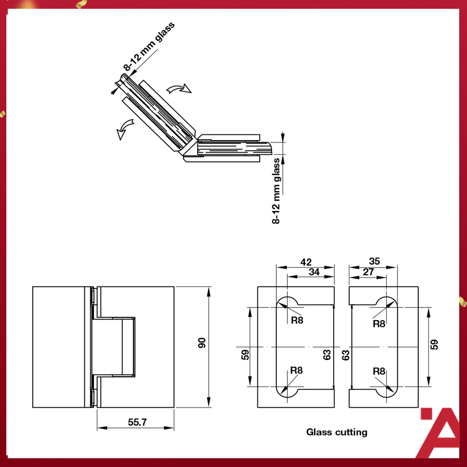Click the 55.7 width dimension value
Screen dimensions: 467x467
pos(137,422)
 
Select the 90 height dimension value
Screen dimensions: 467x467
pos(202,343)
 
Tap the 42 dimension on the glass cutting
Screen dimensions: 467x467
pos(306,262)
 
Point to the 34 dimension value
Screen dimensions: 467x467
pos(314,272)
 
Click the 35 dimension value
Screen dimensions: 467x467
pos(375,261)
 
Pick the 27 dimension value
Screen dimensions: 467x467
pos(368,272)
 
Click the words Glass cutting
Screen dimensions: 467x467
pos(337,432)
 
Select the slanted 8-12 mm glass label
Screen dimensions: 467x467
pos(149,47)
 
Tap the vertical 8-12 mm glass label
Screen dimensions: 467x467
pos(276,191)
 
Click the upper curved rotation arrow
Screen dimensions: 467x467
pos(179,89)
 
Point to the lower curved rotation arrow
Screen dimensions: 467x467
pos(125,129)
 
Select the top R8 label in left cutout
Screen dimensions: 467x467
pos(297,320)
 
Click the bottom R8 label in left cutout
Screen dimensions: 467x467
pos(296,370)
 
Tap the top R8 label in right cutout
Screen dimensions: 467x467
pos(379,324)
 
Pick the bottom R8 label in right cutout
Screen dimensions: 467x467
pos(379,371)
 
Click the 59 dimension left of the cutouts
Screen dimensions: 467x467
pos(245,355)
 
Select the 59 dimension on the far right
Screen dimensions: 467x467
pos(434,344)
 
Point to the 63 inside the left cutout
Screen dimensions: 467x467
pos(327,355)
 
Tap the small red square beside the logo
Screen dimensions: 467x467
pos(427,413)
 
